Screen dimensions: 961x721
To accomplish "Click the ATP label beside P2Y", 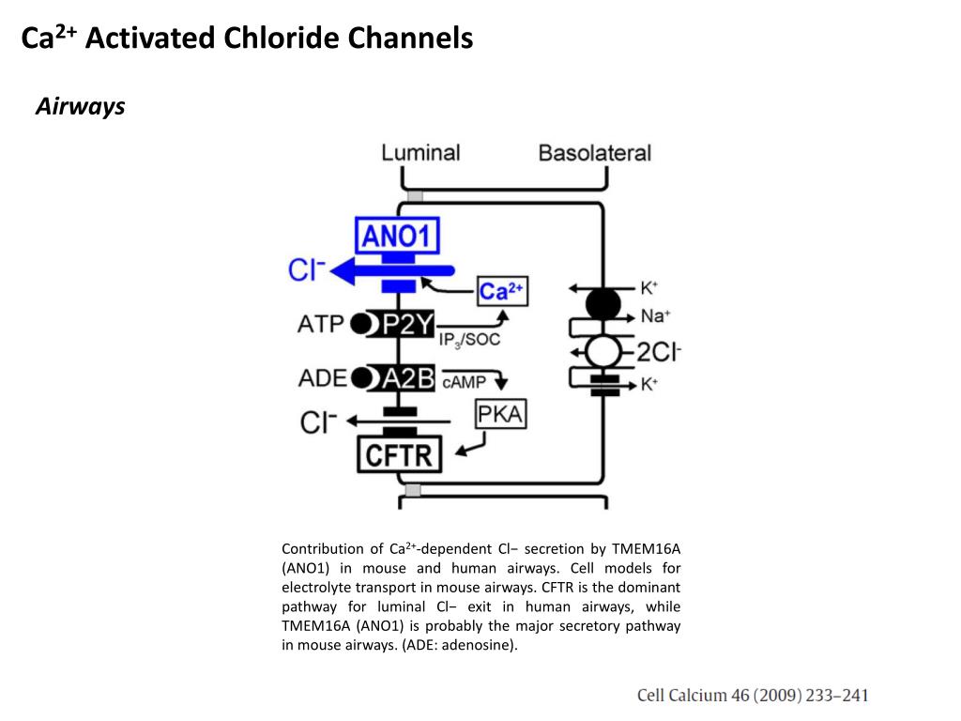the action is (320, 324).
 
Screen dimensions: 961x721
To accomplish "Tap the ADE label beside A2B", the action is (323, 378).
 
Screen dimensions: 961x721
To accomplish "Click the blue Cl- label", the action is (307, 269).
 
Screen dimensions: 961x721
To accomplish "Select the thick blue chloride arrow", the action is (392, 271).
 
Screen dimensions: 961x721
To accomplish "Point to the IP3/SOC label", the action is (469, 340).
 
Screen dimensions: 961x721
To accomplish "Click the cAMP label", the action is (464, 382).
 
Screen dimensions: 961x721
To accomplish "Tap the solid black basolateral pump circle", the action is (603, 303).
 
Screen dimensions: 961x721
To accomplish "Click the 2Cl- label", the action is (659, 352).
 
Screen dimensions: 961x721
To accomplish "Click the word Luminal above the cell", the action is (420, 153).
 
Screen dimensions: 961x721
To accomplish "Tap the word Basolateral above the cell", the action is (594, 153).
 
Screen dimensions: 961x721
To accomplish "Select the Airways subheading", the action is (81, 107).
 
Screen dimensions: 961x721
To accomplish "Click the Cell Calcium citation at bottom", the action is (753, 696).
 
